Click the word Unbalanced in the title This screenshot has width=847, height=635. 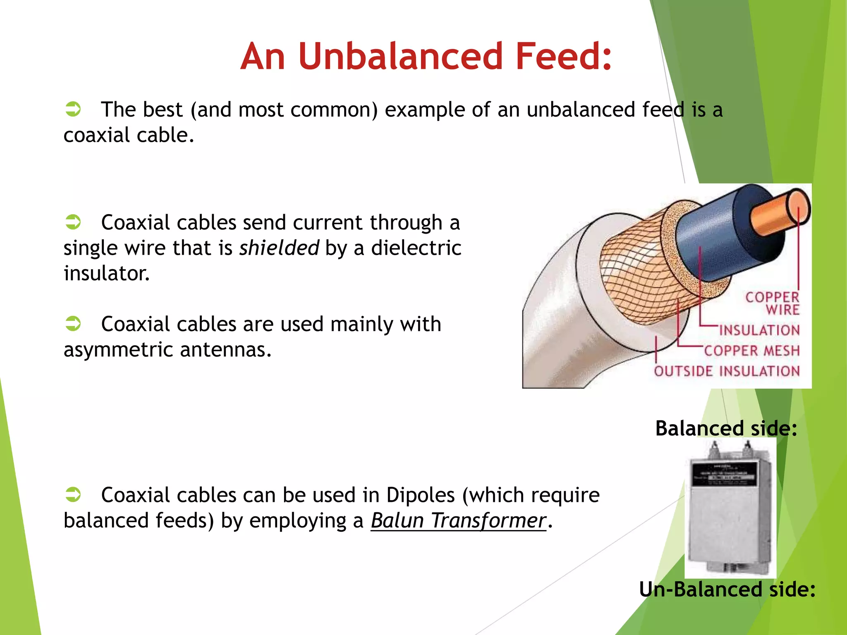[x=400, y=56]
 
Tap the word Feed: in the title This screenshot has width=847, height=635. [x=563, y=56]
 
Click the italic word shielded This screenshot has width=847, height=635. [x=279, y=248]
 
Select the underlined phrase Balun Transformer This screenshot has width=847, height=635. [x=458, y=520]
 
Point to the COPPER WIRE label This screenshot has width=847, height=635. [x=773, y=303]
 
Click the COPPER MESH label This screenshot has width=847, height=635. [x=752, y=351]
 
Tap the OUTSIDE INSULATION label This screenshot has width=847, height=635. [x=727, y=371]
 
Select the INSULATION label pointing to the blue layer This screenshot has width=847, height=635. [x=759, y=330]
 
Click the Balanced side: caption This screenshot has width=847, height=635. [x=726, y=428]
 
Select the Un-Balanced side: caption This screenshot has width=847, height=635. [x=727, y=589]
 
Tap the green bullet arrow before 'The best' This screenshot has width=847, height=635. [x=73, y=110]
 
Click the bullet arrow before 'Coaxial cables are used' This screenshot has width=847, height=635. [x=73, y=324]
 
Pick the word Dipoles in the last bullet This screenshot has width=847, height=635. [x=420, y=495]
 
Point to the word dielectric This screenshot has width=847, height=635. [x=416, y=248]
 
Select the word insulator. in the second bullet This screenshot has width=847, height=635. [x=106, y=273]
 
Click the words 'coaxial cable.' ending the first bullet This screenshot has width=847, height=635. [x=128, y=135]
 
